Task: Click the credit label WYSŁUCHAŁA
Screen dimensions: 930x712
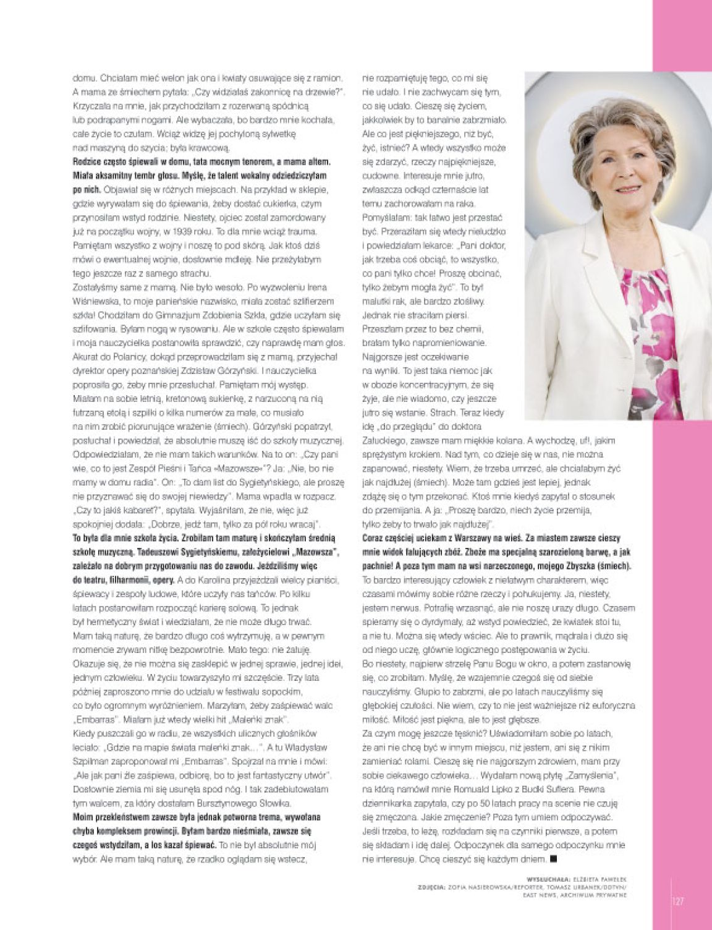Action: click(x=543, y=878)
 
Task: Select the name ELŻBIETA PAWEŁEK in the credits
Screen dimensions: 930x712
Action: click(x=596, y=878)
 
